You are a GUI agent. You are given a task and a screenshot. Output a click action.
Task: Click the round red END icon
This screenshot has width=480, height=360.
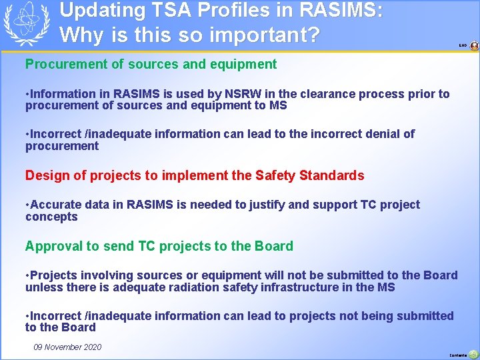474,46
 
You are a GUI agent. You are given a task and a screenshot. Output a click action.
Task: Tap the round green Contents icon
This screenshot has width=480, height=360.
473,354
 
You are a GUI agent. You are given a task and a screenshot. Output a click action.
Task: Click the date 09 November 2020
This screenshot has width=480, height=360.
67,347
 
